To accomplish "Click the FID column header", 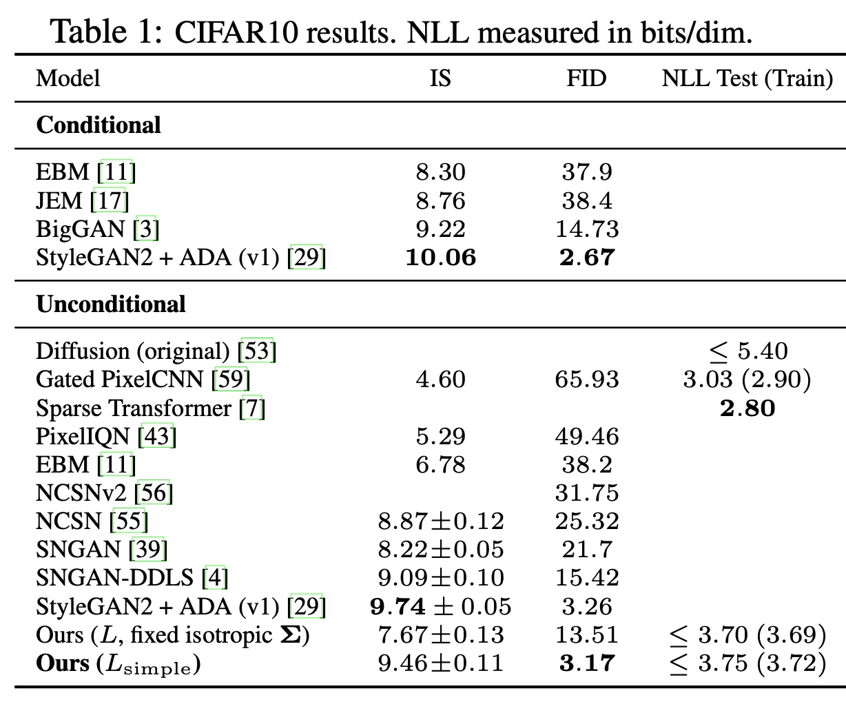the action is (x=586, y=78).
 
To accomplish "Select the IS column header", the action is (x=440, y=78).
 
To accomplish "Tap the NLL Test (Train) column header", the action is (x=747, y=78).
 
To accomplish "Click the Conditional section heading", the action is (x=99, y=125).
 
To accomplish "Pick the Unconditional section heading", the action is (x=111, y=304).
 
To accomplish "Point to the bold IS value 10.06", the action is (x=441, y=258).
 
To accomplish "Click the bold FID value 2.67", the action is (x=587, y=258).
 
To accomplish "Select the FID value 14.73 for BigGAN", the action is (x=587, y=229).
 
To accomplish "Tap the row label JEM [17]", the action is (x=82, y=201).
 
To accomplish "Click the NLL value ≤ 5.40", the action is (x=748, y=351).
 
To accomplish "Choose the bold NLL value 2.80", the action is (x=747, y=408).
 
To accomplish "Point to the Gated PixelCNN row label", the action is (x=143, y=380).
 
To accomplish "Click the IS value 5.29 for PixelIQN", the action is (x=441, y=437).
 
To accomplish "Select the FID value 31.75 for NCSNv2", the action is (x=587, y=493).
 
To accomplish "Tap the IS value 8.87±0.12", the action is (x=441, y=521).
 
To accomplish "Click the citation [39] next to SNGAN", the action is (x=148, y=550).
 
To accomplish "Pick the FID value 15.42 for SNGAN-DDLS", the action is (x=587, y=578).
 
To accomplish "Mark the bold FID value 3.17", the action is (x=587, y=663).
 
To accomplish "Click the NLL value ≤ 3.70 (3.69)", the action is (x=747, y=635).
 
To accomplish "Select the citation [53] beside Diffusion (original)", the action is (x=257, y=351).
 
